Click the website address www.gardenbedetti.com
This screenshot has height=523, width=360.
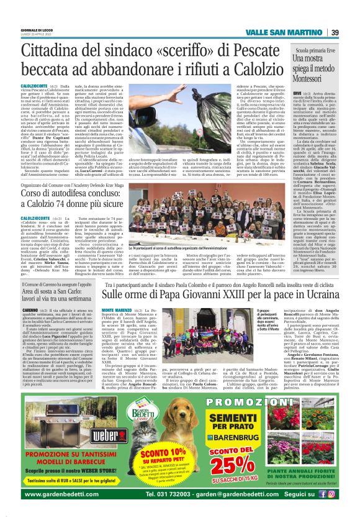(68, 511)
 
